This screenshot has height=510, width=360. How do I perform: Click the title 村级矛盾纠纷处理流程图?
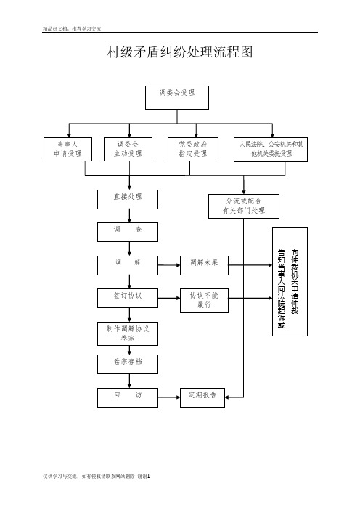[x=180, y=52]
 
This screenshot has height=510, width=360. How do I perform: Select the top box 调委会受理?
[x=177, y=97]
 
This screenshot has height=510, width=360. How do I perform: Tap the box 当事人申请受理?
[x=68, y=149]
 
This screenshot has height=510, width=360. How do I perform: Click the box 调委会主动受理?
[x=128, y=149]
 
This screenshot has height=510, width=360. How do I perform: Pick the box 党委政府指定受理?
[x=193, y=149]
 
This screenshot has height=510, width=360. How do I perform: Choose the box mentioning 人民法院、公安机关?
[x=271, y=150]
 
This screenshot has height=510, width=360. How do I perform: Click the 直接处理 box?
[x=128, y=199]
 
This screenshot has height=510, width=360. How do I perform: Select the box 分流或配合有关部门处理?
[x=244, y=206]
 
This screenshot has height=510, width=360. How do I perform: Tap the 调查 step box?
[x=128, y=232]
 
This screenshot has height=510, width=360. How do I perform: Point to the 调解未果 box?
[x=205, y=265]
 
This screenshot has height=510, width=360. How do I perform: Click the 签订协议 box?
[x=128, y=299]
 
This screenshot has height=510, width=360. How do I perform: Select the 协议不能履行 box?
[x=205, y=301]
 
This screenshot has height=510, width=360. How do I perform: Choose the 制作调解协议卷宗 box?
[x=128, y=334]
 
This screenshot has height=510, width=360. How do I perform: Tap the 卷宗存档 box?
[x=128, y=364]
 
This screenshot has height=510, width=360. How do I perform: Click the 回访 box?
[x=128, y=397]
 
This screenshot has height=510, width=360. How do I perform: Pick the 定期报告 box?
[x=202, y=397]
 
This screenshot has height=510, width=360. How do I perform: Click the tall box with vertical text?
[x=290, y=282]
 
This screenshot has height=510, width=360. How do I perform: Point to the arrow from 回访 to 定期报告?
[x=169, y=397]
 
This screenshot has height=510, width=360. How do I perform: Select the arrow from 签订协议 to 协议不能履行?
[x=169, y=299]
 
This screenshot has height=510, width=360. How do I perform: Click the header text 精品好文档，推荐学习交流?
[x=72, y=28]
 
